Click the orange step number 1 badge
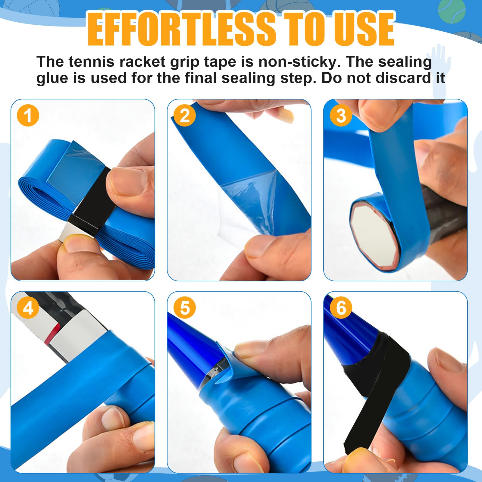(x=28, y=116)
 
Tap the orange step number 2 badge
(x=185, y=116)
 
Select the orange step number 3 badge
(x=341, y=116)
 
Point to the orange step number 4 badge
(x=28, y=308)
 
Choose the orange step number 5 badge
(x=185, y=308)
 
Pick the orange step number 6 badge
(x=341, y=308)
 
